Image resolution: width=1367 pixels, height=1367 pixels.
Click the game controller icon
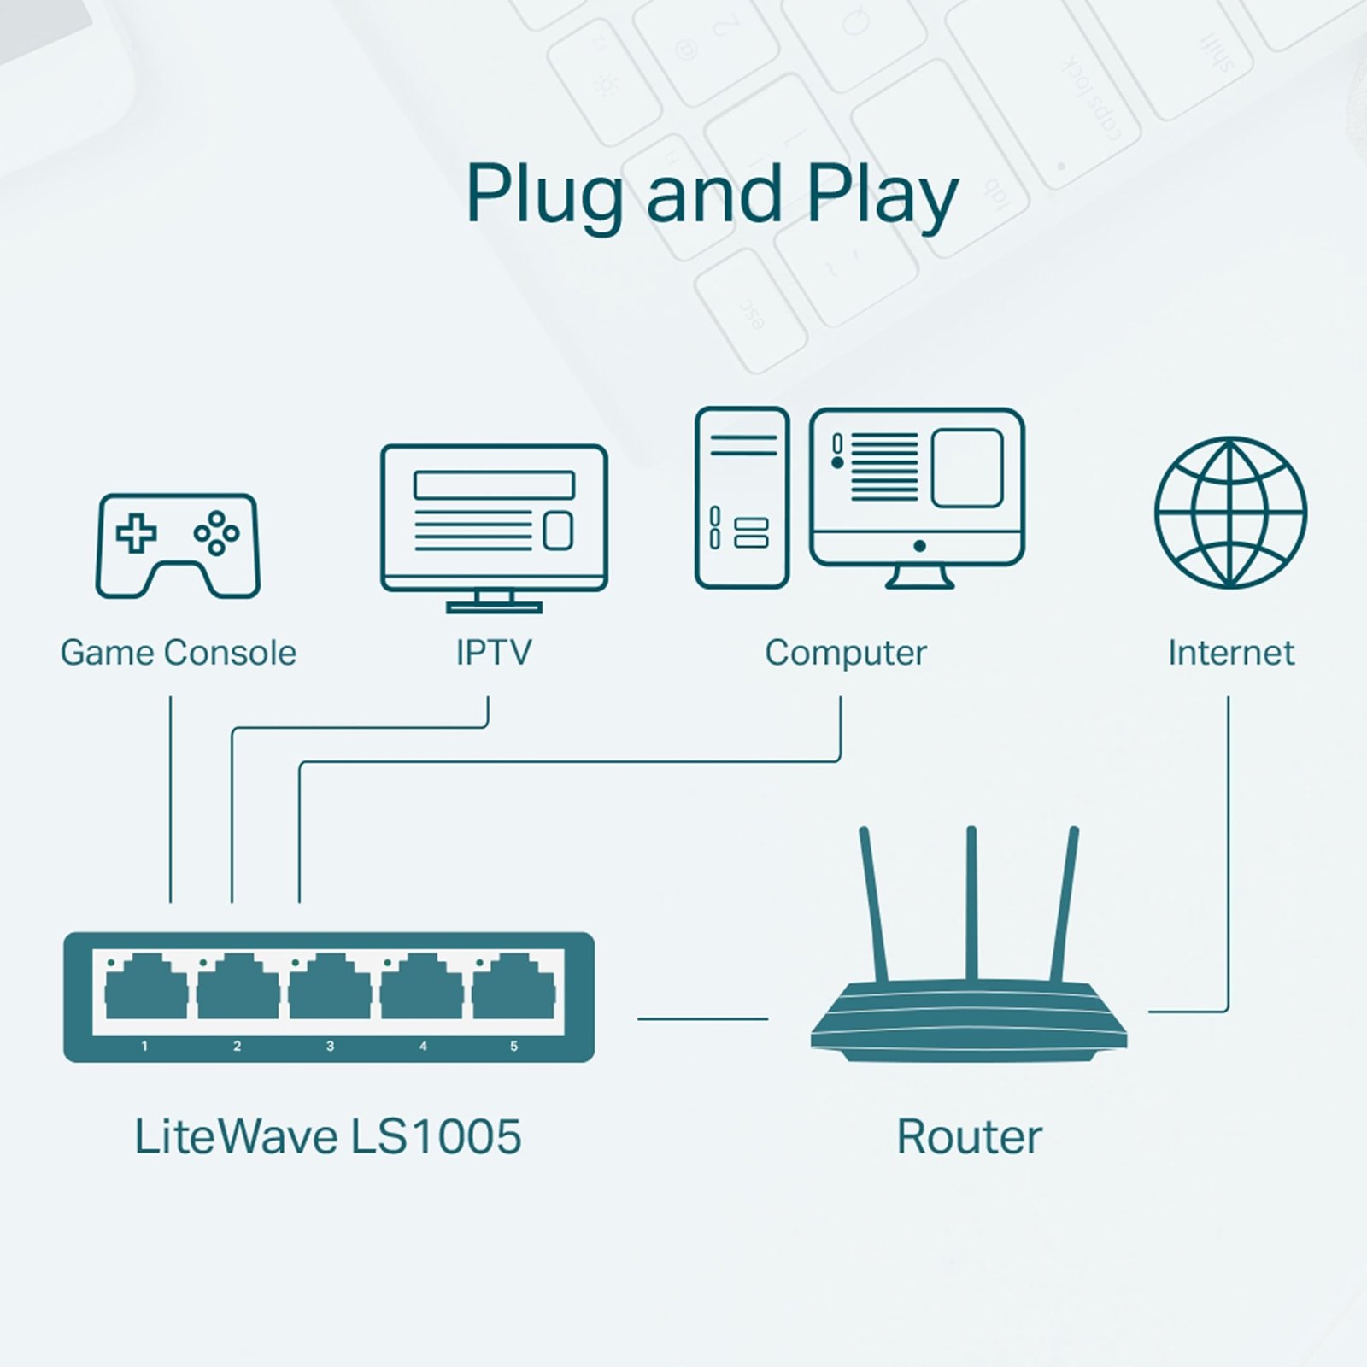click(178, 545)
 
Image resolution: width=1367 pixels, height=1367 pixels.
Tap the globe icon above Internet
click(1230, 513)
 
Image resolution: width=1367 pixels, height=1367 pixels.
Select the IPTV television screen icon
click(494, 518)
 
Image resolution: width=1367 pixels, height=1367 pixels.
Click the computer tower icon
click(742, 497)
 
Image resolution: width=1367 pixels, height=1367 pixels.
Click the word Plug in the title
click(544, 195)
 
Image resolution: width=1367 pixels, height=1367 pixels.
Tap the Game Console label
click(178, 653)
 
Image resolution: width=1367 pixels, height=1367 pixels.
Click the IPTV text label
click(493, 653)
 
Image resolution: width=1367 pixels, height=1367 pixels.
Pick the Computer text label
click(845, 653)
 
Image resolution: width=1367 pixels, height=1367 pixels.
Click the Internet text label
click(1230, 653)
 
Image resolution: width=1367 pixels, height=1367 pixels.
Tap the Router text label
click(969, 1137)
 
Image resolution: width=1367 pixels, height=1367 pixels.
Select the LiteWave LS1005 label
click(327, 1137)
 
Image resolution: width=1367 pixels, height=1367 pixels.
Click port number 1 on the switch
click(146, 991)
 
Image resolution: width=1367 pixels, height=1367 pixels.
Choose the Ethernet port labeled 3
click(330, 991)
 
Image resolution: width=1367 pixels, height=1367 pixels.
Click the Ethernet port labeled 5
click(513, 991)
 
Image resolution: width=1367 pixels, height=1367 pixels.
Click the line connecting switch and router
click(702, 1018)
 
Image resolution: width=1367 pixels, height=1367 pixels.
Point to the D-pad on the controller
click(137, 533)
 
